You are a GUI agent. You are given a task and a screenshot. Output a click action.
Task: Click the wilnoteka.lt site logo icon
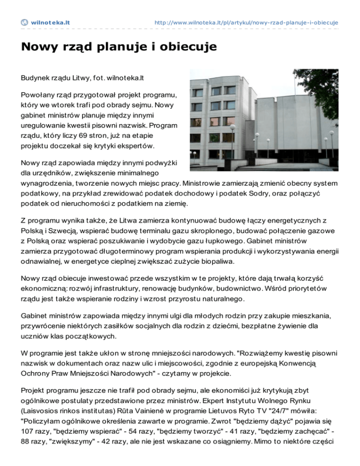pos(24,22)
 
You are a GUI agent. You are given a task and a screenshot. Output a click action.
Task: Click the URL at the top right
pos(246,22)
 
